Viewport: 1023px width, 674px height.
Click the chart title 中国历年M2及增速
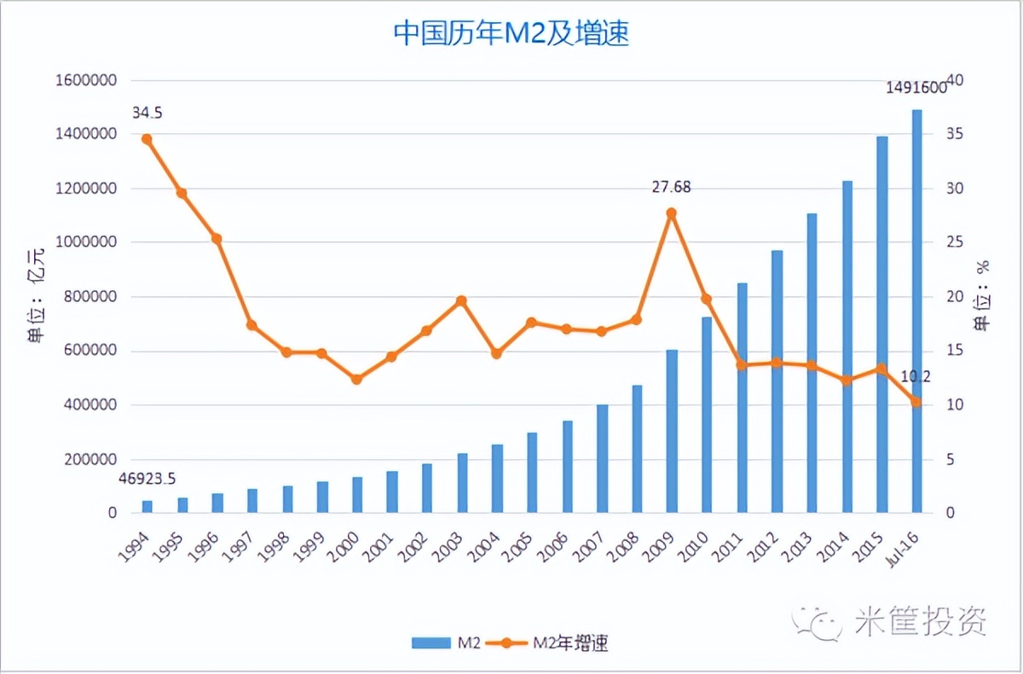tap(511, 33)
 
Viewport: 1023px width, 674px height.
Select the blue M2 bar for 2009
tap(672, 431)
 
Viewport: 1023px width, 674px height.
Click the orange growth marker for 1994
tap(147, 139)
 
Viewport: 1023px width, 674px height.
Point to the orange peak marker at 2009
tap(672, 213)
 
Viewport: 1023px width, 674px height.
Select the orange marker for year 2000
tap(356, 379)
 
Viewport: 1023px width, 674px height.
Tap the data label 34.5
tap(147, 113)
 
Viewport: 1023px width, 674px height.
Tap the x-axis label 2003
tap(452, 543)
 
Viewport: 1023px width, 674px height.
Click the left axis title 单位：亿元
tap(35, 297)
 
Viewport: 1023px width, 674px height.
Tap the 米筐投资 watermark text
tap(920, 620)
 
